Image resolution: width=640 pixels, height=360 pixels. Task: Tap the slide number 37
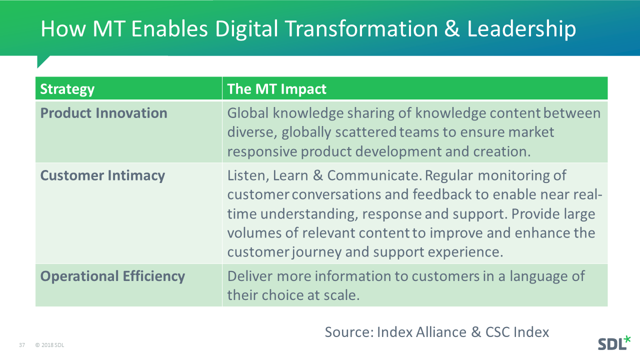coord(22,345)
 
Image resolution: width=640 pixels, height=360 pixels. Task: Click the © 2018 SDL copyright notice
coord(49,345)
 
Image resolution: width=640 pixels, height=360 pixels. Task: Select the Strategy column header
coord(67,89)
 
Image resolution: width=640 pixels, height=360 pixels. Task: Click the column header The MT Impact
coord(276,89)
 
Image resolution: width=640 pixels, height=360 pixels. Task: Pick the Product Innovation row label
coord(103,113)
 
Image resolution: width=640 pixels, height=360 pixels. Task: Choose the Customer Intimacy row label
coord(102,175)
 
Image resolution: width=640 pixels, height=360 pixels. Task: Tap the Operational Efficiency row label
coord(112,276)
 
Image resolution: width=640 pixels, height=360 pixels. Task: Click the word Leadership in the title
coord(521,29)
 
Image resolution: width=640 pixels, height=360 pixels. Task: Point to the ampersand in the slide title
coord(452,28)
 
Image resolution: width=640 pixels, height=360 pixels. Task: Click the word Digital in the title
coord(246,29)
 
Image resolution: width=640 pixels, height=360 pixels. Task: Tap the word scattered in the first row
coord(365,132)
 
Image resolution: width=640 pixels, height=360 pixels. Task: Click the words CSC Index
coord(517,332)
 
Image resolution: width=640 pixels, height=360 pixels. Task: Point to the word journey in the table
coord(316,252)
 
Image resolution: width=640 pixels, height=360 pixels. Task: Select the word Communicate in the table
coord(374,175)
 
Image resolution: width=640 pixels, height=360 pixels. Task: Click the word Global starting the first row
coord(247,113)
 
